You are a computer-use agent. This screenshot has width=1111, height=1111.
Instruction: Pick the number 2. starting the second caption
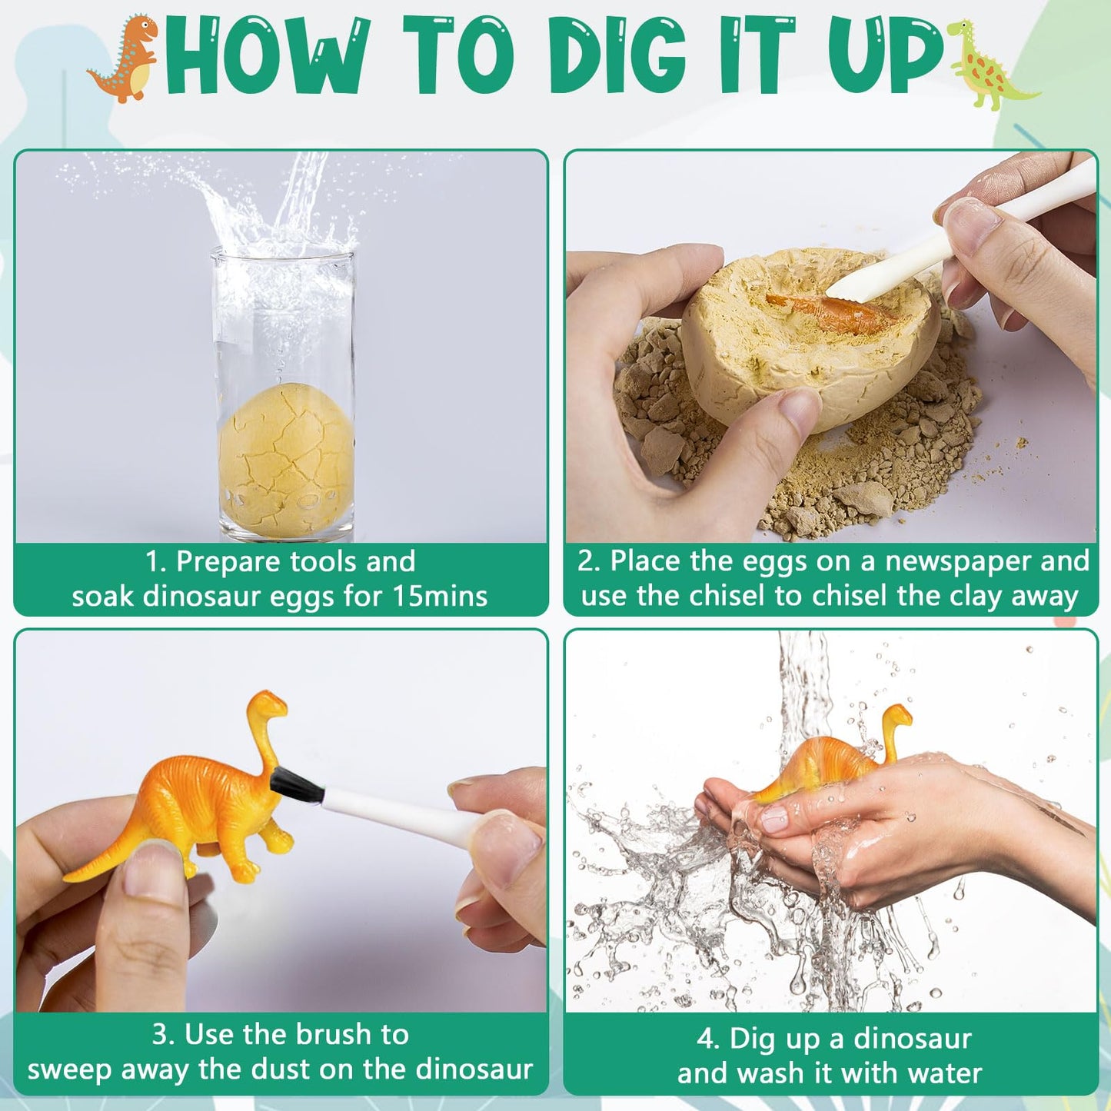[x=589, y=561]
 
